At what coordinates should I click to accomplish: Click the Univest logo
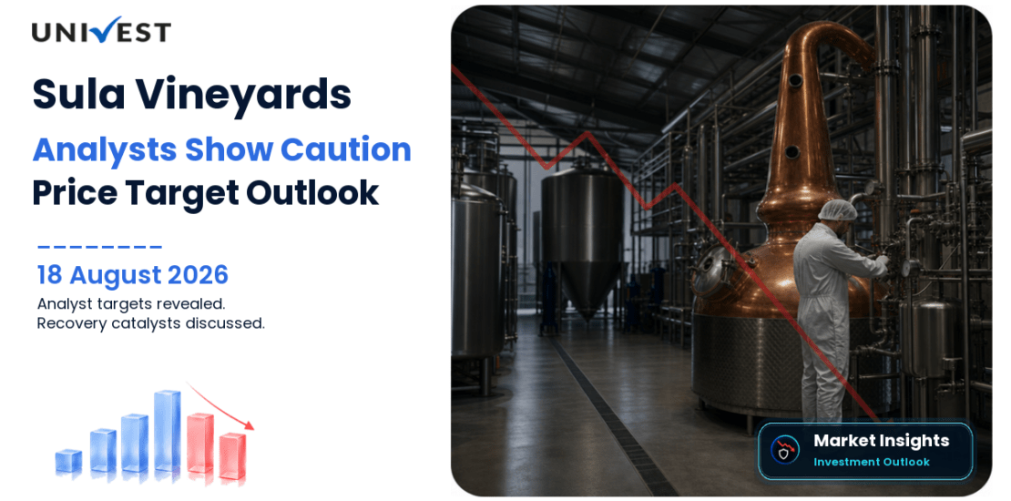[101, 30]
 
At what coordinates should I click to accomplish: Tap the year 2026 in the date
[198, 275]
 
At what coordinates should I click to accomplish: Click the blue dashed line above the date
[99, 246]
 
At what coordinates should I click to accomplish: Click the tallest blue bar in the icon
[167, 431]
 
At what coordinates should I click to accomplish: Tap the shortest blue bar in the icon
[68, 460]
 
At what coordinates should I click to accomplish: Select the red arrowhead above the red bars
[249, 424]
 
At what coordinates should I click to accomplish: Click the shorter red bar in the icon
[232, 455]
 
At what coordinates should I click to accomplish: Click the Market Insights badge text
[881, 441]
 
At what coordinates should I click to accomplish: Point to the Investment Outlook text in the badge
[871, 462]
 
